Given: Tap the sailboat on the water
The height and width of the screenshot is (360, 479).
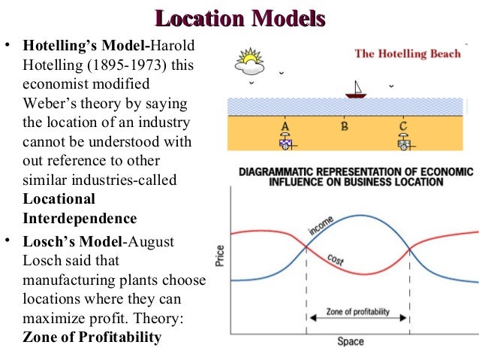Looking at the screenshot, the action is tap(354, 91).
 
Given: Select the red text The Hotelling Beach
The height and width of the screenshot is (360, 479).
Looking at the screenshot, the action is tap(408, 54).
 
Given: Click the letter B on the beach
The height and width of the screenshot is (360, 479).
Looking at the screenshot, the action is tap(344, 126).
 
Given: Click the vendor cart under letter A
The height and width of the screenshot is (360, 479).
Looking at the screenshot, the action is tap(286, 141).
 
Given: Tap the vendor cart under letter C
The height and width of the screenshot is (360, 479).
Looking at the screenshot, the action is tap(405, 141).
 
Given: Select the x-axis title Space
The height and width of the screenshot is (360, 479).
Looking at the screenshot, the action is tap(350, 341).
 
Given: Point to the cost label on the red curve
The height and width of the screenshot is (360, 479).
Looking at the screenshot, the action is tap(336, 259).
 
